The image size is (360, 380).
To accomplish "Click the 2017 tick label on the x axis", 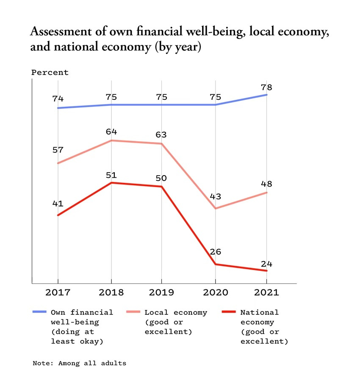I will pos(58,292).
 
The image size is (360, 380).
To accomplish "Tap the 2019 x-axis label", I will pos(161,292).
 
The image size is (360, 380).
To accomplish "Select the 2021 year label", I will pos(267,292).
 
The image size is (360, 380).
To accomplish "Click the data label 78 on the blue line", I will pos(267,88).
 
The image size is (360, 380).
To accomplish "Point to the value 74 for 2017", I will pos(58,99).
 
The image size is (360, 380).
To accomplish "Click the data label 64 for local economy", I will pos(111,132).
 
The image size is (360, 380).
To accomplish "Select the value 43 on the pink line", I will pos(215,196).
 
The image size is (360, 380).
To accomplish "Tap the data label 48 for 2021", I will pos(267,184).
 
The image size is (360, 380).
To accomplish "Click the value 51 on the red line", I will pos(111,175).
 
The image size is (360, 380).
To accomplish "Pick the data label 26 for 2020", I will pos(215,252).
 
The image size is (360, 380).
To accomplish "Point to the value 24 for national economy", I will pos(267,264).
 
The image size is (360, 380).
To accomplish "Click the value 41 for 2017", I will pos(58,204).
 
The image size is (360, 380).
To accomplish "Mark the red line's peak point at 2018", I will pos(111,183).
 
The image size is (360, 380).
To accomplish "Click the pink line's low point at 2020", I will pos(215,209).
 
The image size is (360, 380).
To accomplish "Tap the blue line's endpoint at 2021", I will pos(267,95).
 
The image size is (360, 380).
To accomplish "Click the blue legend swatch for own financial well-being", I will pos(39,312).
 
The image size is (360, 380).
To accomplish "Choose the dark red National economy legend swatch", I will pos(229,312).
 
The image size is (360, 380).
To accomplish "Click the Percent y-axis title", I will pos(50,72).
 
